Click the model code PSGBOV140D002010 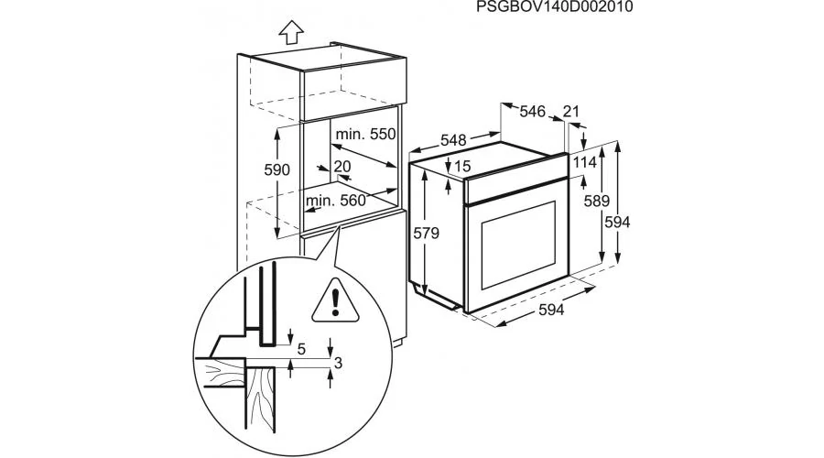pyautogui.click(x=555, y=8)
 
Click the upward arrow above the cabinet pyautogui.click(x=290, y=32)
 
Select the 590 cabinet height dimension pyautogui.click(x=277, y=170)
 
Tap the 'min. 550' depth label pyautogui.click(x=365, y=135)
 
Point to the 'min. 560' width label pyautogui.click(x=336, y=201)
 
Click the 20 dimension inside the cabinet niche pyautogui.click(x=342, y=167)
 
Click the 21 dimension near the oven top pyautogui.click(x=571, y=112)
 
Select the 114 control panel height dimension pyautogui.click(x=585, y=162)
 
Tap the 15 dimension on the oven pyautogui.click(x=461, y=167)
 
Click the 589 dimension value pyautogui.click(x=598, y=201)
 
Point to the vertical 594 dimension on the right pyautogui.click(x=618, y=222)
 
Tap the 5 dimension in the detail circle pyautogui.click(x=301, y=348)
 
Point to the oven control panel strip pyautogui.click(x=513, y=187)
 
